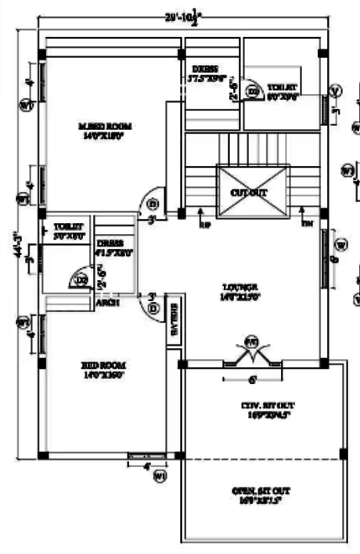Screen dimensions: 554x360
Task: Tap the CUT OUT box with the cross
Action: (251, 191)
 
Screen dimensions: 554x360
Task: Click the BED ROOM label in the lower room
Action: (103, 370)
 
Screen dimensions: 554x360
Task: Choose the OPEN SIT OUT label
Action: (261, 495)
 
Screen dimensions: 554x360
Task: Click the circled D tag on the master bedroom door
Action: (153, 205)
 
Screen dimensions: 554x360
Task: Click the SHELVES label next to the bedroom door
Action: (174, 322)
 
